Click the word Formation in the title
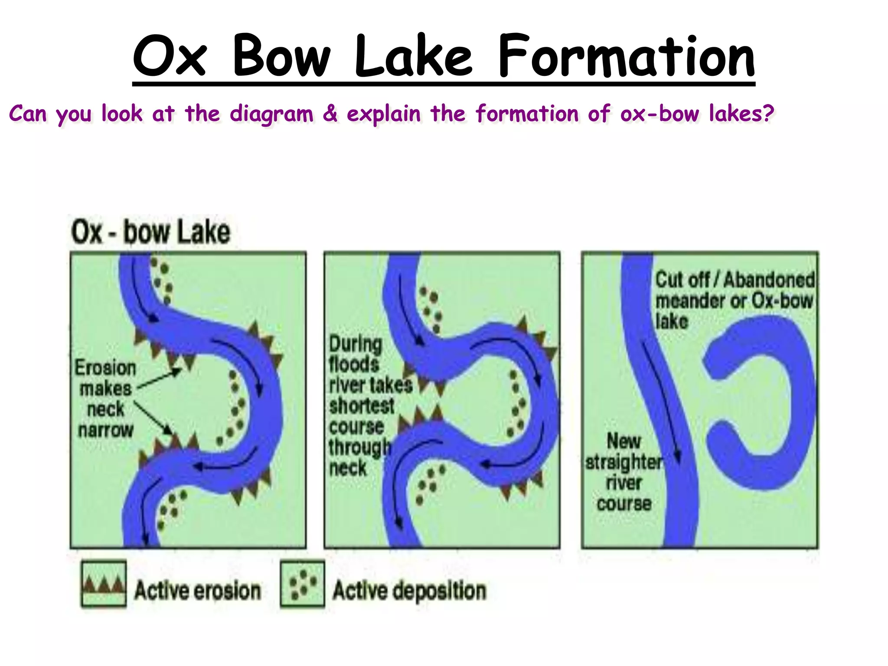click(x=626, y=56)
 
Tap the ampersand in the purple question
click(x=330, y=114)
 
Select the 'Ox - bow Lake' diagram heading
click(x=150, y=232)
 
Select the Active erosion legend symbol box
click(x=104, y=584)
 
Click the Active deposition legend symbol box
click(x=302, y=584)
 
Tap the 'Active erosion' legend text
click(x=197, y=591)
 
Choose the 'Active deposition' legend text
click(x=409, y=591)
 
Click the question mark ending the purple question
click(x=768, y=114)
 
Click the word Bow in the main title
click(x=282, y=56)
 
